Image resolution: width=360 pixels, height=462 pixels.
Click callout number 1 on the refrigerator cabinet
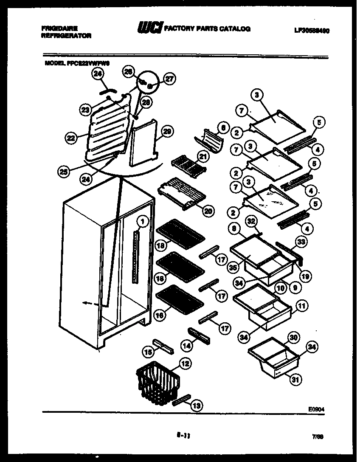(143, 221)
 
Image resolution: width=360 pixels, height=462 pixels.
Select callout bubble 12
(185, 363)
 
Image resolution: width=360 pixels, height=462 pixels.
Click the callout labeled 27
(169, 79)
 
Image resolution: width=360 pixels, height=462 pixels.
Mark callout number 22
(71, 137)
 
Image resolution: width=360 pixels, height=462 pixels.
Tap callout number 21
(203, 158)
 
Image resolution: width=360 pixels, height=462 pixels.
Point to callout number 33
(301, 242)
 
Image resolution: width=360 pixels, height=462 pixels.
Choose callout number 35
(232, 267)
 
